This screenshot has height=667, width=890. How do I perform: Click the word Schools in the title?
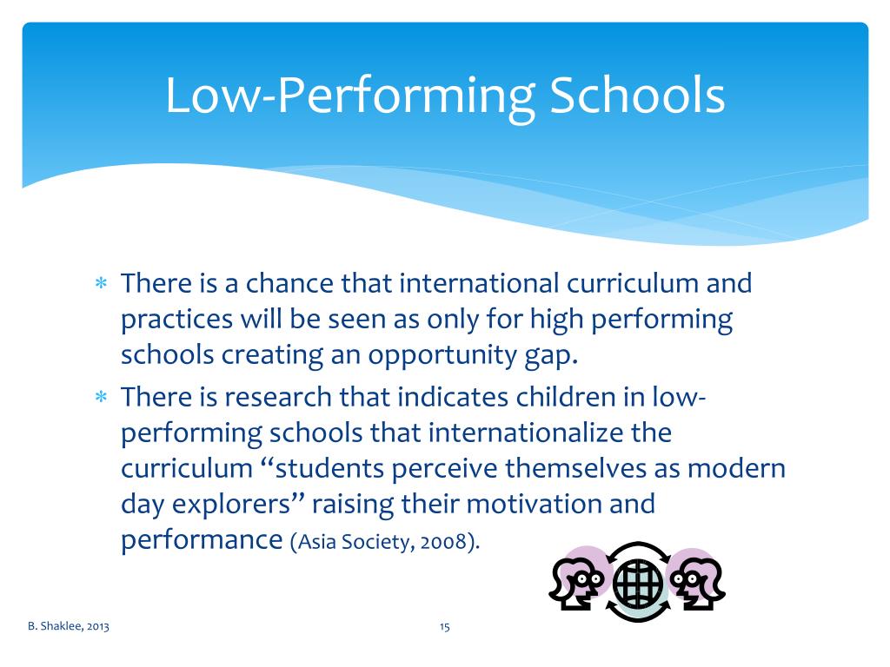click(x=634, y=96)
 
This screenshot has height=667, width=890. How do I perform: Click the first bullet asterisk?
click(x=100, y=284)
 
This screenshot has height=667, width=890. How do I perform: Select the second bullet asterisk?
click(x=100, y=398)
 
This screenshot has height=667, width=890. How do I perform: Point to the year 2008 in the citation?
click(x=442, y=542)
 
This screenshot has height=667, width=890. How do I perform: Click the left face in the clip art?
click(x=578, y=578)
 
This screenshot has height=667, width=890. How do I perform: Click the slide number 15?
click(x=444, y=626)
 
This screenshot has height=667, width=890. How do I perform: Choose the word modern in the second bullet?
click(x=737, y=469)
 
